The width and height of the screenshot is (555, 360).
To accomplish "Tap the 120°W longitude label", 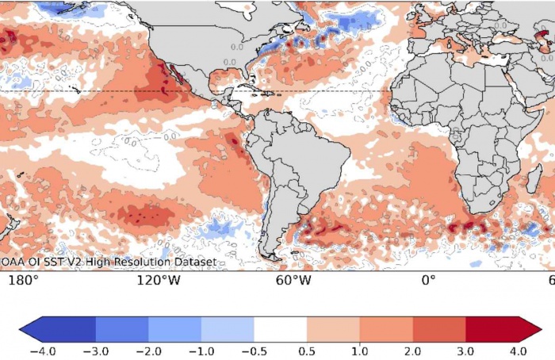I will tap(154, 280).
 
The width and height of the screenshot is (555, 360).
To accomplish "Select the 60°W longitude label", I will tap(293, 280).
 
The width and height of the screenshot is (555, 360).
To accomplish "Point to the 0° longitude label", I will tap(429, 280).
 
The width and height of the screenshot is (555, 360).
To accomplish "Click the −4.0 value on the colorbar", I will tap(42, 350).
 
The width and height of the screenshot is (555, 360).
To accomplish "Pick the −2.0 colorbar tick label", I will tap(148, 350).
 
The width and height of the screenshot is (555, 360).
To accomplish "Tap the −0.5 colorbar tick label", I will tap(254, 350).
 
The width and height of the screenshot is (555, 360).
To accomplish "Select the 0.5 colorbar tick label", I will tap(307, 350).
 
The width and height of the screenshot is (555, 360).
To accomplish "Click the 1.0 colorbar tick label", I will tap(359, 350).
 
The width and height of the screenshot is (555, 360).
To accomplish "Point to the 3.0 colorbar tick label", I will tap(465, 350).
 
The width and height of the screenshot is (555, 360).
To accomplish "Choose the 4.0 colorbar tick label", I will tap(518, 350).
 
